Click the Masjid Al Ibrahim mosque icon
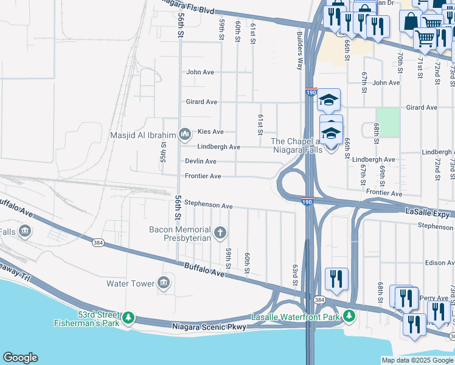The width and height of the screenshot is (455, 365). (x=185, y=135)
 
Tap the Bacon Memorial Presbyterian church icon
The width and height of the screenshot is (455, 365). (x=220, y=232)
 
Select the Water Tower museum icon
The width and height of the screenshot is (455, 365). (x=164, y=283)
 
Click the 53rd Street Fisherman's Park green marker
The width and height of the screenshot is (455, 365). (x=128, y=317)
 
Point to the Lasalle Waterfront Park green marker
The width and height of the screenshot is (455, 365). (x=349, y=316)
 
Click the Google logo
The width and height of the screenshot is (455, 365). (x=20, y=358)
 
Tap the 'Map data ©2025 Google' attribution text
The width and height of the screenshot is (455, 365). (x=417, y=360)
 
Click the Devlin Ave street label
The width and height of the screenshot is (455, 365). (x=201, y=161)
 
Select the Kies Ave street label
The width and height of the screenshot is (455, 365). (x=210, y=131)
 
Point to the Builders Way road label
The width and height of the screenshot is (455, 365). (x=299, y=50)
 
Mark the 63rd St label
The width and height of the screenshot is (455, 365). (x=294, y=275)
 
